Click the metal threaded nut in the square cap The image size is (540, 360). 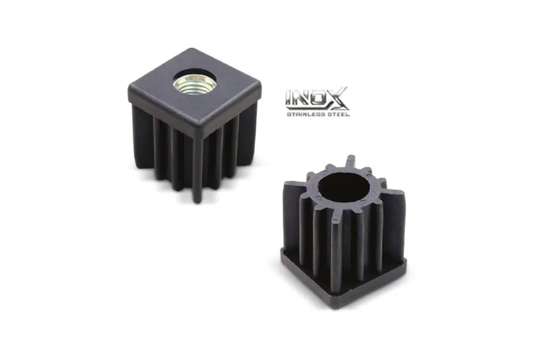pos(195,83)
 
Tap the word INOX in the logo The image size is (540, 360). pos(317,98)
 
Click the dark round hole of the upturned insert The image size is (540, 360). pos(344,187)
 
